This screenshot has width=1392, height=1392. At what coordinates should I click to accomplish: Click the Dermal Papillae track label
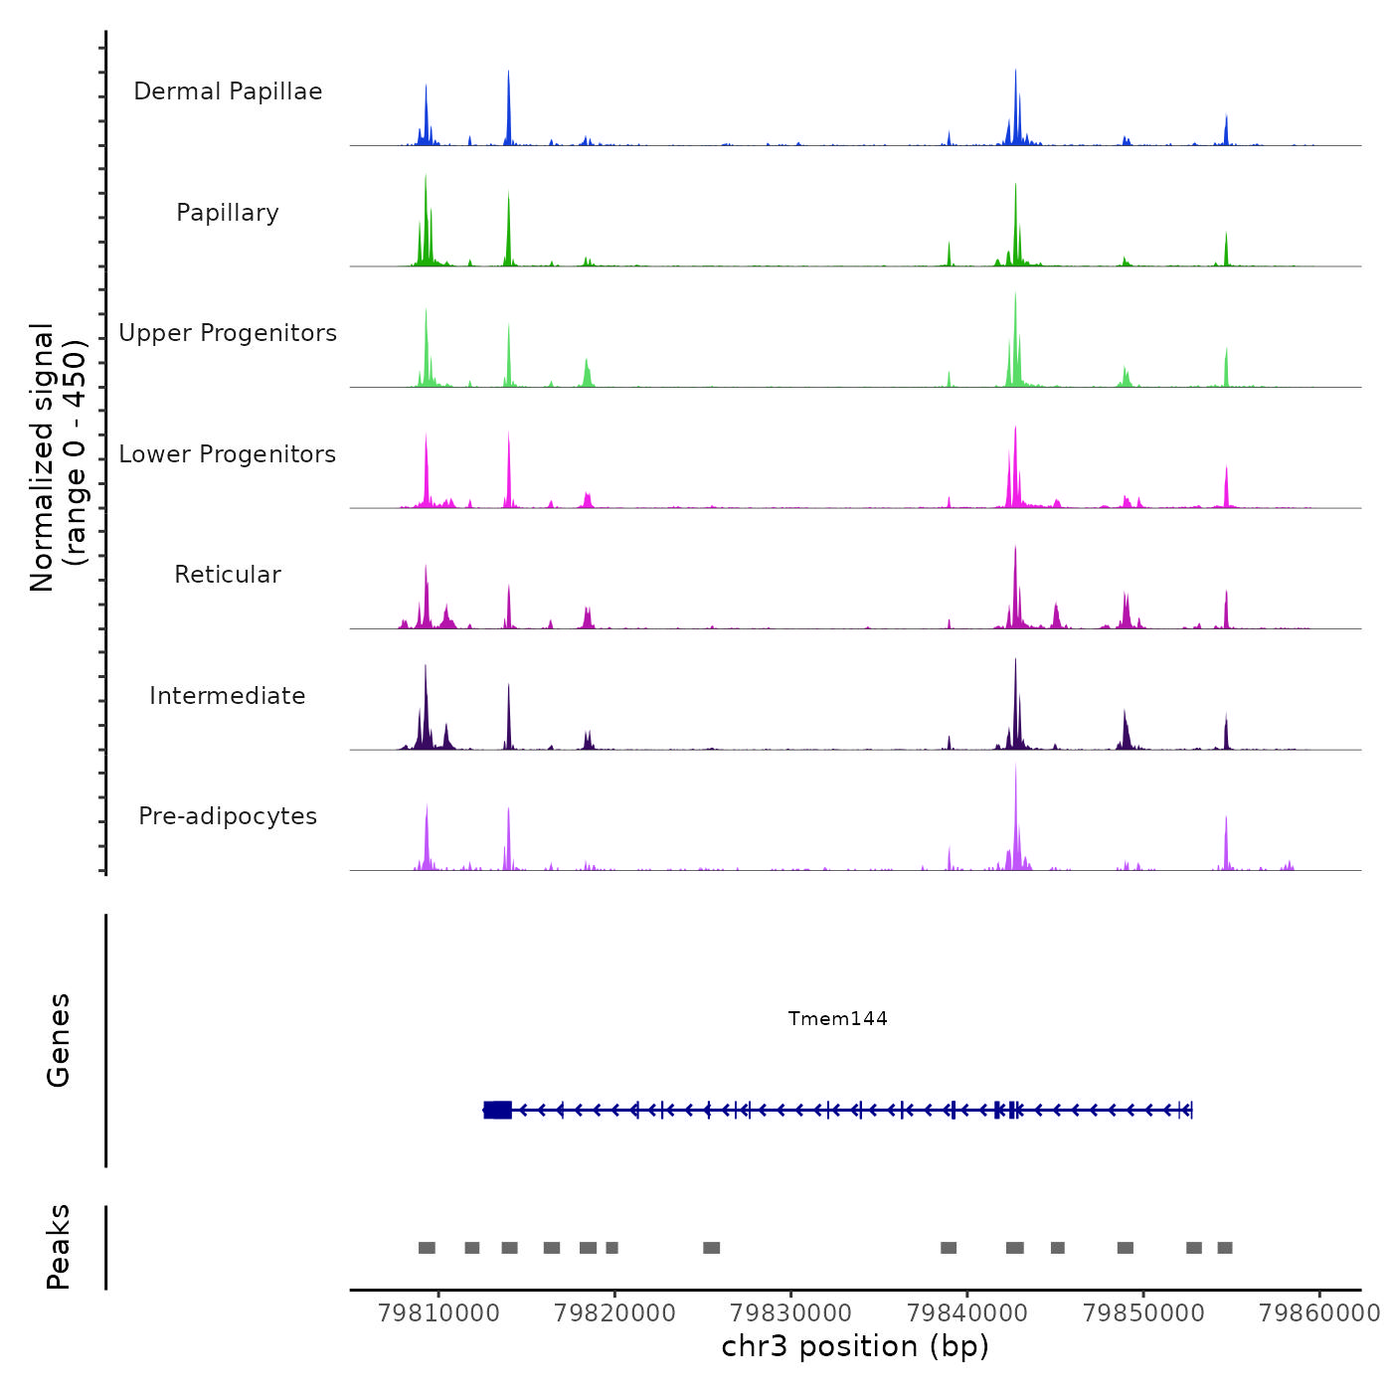coord(228,91)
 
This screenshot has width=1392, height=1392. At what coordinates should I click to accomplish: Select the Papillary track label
coord(228,213)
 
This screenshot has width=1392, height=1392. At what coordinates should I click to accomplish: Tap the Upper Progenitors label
coord(228,333)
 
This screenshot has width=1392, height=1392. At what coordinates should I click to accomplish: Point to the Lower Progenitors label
coord(228,454)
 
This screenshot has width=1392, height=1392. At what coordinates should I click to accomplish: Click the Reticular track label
coord(228,575)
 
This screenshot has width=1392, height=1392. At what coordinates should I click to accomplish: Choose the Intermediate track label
coord(228,696)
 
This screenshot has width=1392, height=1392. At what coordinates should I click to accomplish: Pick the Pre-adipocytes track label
coord(228,816)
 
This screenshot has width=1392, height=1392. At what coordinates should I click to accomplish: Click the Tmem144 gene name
coord(837,1018)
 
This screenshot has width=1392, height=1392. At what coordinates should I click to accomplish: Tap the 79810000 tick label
coord(438,1313)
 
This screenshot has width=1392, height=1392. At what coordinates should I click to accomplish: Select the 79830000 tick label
coord(791,1313)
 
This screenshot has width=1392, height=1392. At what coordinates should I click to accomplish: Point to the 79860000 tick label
coord(1319,1313)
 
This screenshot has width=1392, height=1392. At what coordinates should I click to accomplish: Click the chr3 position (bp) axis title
coord(855,1347)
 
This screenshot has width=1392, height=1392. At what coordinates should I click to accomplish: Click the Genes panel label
coord(59,1040)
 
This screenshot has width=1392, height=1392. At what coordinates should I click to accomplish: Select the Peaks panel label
coord(59,1247)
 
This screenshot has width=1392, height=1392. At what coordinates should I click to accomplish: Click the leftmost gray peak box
coord(427,1248)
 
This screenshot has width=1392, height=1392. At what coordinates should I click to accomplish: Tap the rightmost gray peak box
coord(1225,1248)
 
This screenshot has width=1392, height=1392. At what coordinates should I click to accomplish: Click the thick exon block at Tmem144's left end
coord(498,1110)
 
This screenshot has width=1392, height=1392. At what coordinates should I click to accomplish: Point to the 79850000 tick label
coord(1143,1313)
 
